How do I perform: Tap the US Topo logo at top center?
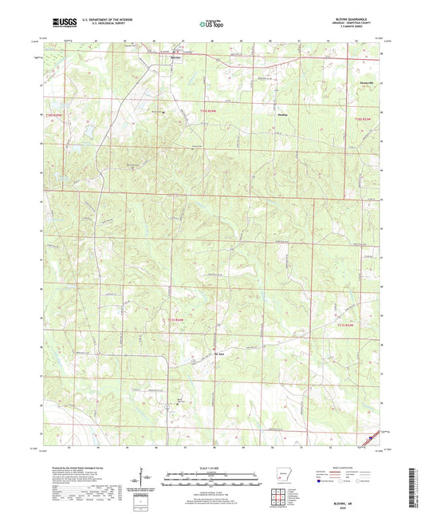click(x=211, y=24)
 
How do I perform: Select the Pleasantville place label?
click(x=364, y=82)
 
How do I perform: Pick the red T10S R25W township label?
click(x=55, y=117)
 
